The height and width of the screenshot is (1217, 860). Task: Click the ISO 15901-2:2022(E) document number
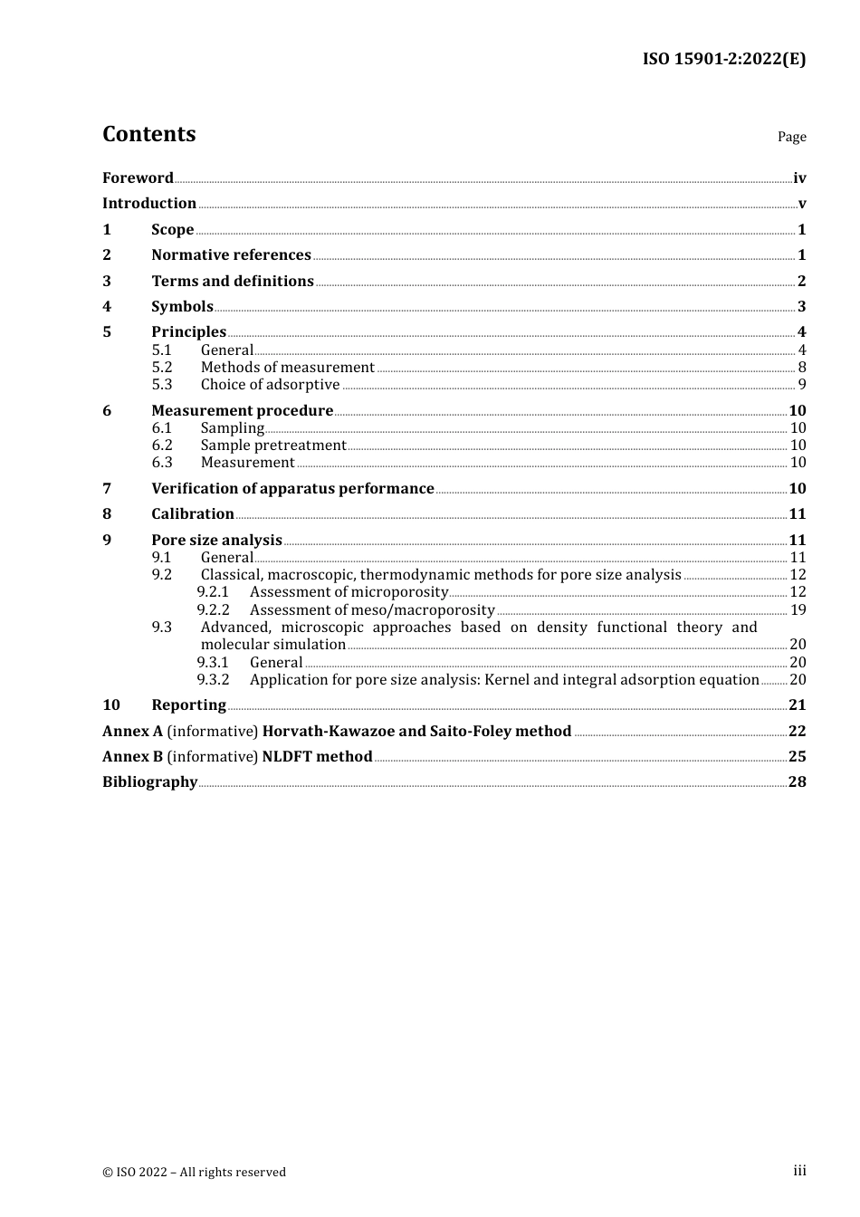pos(723,59)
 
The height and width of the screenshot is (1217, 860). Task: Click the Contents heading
pos(148,134)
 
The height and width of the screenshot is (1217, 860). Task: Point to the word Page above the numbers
pos(791,137)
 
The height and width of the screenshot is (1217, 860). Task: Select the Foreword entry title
pos(138,178)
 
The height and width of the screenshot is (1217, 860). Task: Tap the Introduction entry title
pos(149,204)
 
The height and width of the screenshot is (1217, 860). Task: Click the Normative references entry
pos(231,255)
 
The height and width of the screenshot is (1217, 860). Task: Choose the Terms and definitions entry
pos(233,282)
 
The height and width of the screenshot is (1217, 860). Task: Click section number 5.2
pos(162,368)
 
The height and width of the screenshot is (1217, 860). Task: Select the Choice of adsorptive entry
pos(270,385)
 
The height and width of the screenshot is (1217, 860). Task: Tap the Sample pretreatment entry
pos(273,446)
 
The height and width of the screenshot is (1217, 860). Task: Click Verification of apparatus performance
pos(292,489)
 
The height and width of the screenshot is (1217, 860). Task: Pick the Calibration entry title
pos(193,514)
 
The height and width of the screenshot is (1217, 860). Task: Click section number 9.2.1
pos(213,592)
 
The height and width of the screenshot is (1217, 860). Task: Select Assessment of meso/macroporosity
pos(372,610)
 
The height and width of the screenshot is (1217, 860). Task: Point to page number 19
pos(798,610)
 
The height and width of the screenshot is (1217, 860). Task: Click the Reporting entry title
pos(188,705)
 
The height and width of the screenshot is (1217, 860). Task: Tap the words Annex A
pos(132,732)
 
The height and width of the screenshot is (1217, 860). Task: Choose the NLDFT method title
pos(317,757)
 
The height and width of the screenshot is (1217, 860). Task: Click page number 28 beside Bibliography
pos(797,782)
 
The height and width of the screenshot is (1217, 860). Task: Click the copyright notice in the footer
pos(194,1173)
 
